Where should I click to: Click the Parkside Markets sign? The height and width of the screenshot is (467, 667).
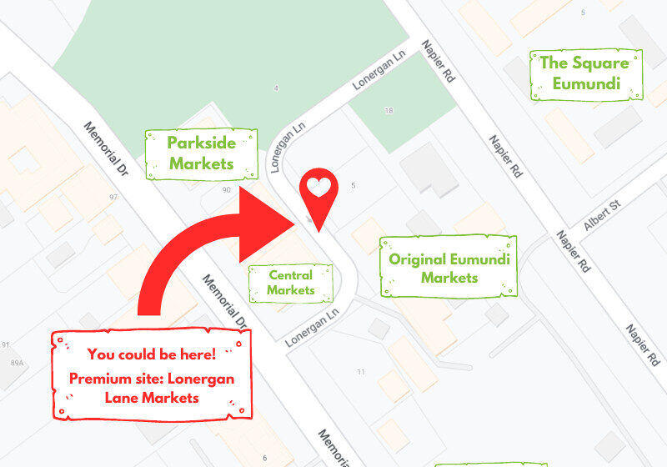point(201,153)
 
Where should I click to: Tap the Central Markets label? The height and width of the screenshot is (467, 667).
point(291,283)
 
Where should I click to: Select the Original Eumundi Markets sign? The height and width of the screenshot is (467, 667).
point(449,268)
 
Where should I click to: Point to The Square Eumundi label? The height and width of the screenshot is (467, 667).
point(587,73)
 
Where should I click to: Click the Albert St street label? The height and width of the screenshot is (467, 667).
point(604,215)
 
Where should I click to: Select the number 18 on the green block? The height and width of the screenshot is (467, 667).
point(389,110)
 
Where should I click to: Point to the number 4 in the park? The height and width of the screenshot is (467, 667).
point(275,88)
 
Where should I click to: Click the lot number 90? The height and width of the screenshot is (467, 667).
point(226,190)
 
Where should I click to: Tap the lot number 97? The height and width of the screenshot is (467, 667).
point(114,197)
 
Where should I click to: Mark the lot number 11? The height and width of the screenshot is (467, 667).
point(361,371)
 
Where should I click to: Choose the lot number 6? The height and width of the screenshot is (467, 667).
point(264,458)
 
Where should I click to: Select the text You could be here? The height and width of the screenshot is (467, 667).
point(151,354)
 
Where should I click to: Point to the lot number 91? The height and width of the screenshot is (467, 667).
point(6,345)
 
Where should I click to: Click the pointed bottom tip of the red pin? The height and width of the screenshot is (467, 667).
point(318,231)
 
